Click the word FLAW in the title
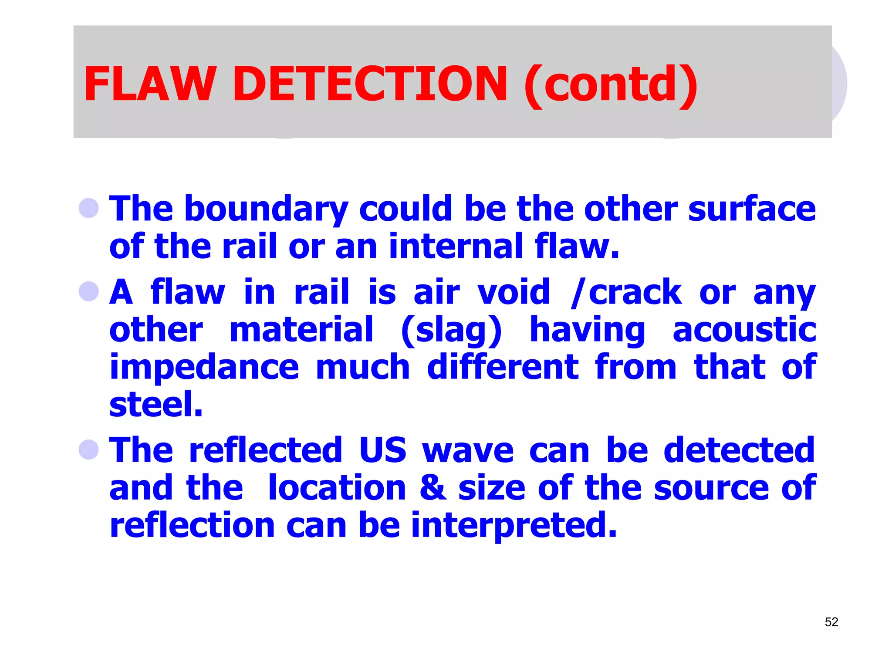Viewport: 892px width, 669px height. tap(150, 84)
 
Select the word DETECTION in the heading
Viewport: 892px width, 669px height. tap(370, 84)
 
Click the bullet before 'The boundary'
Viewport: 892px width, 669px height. tap(89, 208)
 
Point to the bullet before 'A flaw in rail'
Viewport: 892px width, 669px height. tap(89, 291)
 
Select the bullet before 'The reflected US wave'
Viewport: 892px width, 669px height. tap(89, 449)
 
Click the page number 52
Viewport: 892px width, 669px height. tap(831, 622)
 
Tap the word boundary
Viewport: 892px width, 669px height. tap(266, 209)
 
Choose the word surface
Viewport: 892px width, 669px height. tap(752, 209)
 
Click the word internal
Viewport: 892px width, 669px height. tap(456, 246)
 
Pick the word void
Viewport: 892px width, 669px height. tap(514, 292)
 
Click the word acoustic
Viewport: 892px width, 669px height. tap(744, 330)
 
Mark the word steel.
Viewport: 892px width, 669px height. tap(156, 404)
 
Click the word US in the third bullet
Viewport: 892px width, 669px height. tap(383, 450)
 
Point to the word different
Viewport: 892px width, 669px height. tap(503, 367)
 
